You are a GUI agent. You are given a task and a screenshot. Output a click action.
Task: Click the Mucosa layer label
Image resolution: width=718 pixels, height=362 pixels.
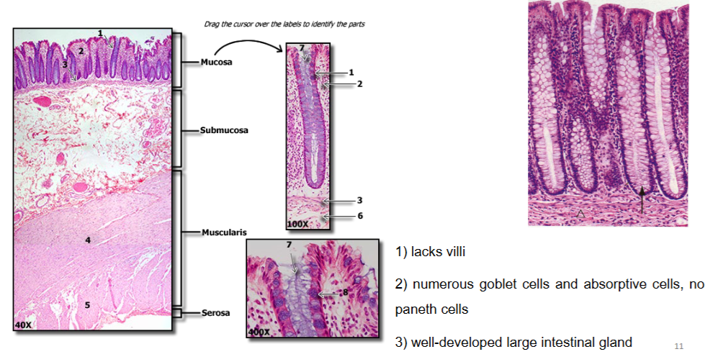[x=216, y=62]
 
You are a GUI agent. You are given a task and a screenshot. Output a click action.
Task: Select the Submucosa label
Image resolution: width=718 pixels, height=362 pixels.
[x=224, y=130]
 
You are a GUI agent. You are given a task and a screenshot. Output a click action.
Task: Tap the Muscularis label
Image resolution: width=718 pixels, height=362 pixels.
[x=225, y=232]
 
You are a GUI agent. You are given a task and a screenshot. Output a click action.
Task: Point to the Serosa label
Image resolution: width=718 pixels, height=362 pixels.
[x=215, y=313]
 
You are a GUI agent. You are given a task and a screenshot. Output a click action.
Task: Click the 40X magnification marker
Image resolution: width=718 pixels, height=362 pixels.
[x=23, y=325]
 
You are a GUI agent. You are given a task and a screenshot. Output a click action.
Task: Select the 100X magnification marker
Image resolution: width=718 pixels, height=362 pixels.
[x=297, y=225]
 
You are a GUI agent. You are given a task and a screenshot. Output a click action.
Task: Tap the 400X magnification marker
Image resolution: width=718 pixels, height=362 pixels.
[x=259, y=332]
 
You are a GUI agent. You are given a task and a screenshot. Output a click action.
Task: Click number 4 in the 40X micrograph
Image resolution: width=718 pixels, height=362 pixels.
[x=88, y=240]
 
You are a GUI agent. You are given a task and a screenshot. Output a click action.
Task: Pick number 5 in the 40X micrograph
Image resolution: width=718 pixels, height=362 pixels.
[x=87, y=305]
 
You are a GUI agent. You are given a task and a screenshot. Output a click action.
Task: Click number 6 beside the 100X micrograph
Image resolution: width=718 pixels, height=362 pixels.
[x=360, y=216]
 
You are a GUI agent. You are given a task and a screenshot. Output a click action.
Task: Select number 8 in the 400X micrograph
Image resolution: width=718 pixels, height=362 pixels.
[x=345, y=292]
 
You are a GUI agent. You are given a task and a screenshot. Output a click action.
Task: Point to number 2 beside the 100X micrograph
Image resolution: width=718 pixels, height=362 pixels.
[x=360, y=83]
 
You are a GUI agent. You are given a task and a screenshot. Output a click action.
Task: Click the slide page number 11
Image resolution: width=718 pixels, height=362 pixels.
[x=678, y=346]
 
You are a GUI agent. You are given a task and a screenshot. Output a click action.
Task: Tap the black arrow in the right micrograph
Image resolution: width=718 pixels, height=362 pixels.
[x=642, y=199]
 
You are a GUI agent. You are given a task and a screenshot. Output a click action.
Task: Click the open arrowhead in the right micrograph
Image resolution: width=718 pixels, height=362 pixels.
[x=580, y=213]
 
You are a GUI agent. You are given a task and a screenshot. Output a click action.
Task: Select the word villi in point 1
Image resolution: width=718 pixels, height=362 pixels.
[x=454, y=252]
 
